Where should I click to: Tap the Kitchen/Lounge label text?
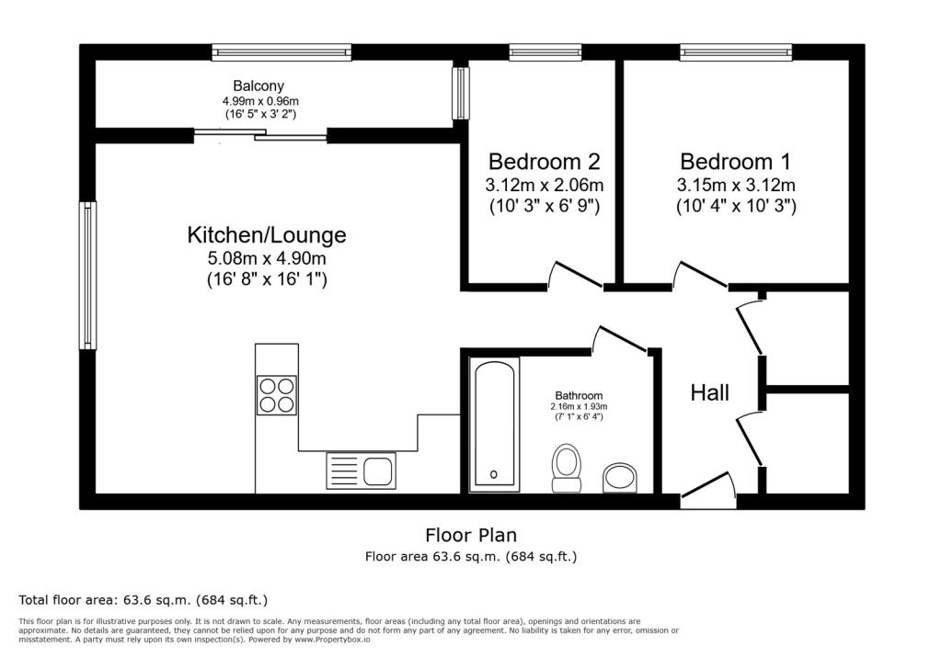coord(267,235)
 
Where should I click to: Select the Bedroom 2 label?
coord(544,162)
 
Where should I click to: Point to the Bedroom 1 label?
coord(735,162)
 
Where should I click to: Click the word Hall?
coord(710,393)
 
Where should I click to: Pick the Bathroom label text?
coord(578,396)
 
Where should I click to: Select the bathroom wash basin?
coord(620,478)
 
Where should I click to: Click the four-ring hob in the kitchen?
coord(277,395)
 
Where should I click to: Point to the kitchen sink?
coord(361,471)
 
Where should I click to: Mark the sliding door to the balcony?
coord(260,136)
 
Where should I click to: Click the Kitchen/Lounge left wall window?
coord(87,276)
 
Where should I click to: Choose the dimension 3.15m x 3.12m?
coord(736,186)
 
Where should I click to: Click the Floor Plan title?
coord(470,535)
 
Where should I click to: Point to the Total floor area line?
coord(144,600)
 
